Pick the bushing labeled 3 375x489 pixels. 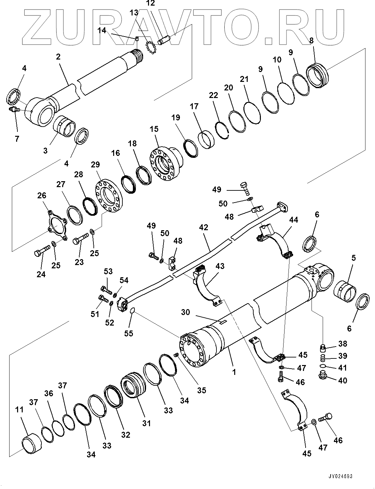65,126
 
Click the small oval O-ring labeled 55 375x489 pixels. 132,310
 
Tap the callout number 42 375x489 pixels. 204,227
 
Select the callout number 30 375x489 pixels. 186,312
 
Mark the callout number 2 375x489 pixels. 58,57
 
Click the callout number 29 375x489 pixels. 96,164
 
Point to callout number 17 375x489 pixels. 194,107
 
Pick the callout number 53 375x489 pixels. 108,271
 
